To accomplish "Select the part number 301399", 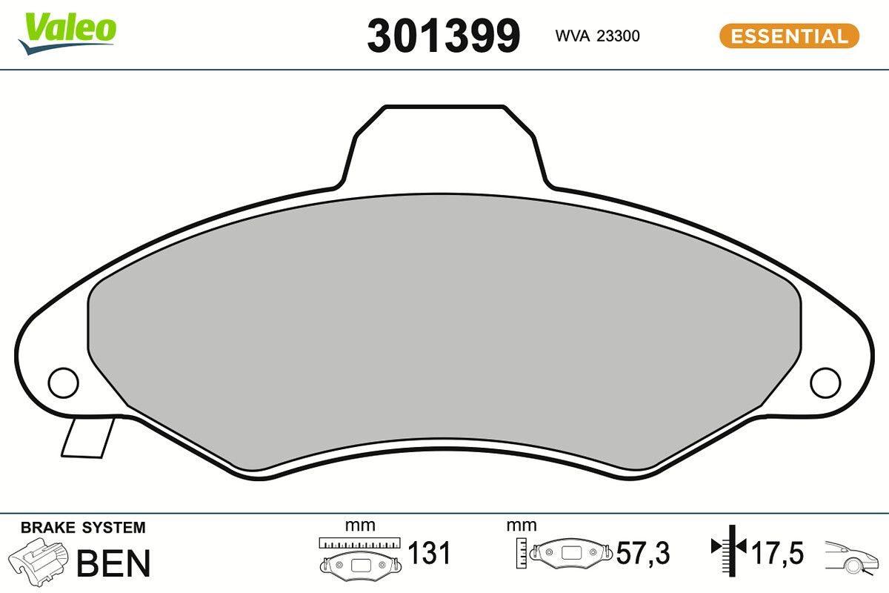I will [444, 36].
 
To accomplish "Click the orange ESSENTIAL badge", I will [789, 36].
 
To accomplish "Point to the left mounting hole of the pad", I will [63, 382].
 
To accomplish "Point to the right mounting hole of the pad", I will [825, 382].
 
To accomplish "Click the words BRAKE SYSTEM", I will [83, 528].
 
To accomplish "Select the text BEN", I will [113, 563].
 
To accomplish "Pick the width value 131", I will [430, 553].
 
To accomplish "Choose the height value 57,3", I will [643, 553].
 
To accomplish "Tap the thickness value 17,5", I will [778, 553].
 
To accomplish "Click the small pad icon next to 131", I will [360, 563].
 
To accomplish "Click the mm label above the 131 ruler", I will [360, 526].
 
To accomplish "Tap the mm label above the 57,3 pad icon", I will [521, 526].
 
